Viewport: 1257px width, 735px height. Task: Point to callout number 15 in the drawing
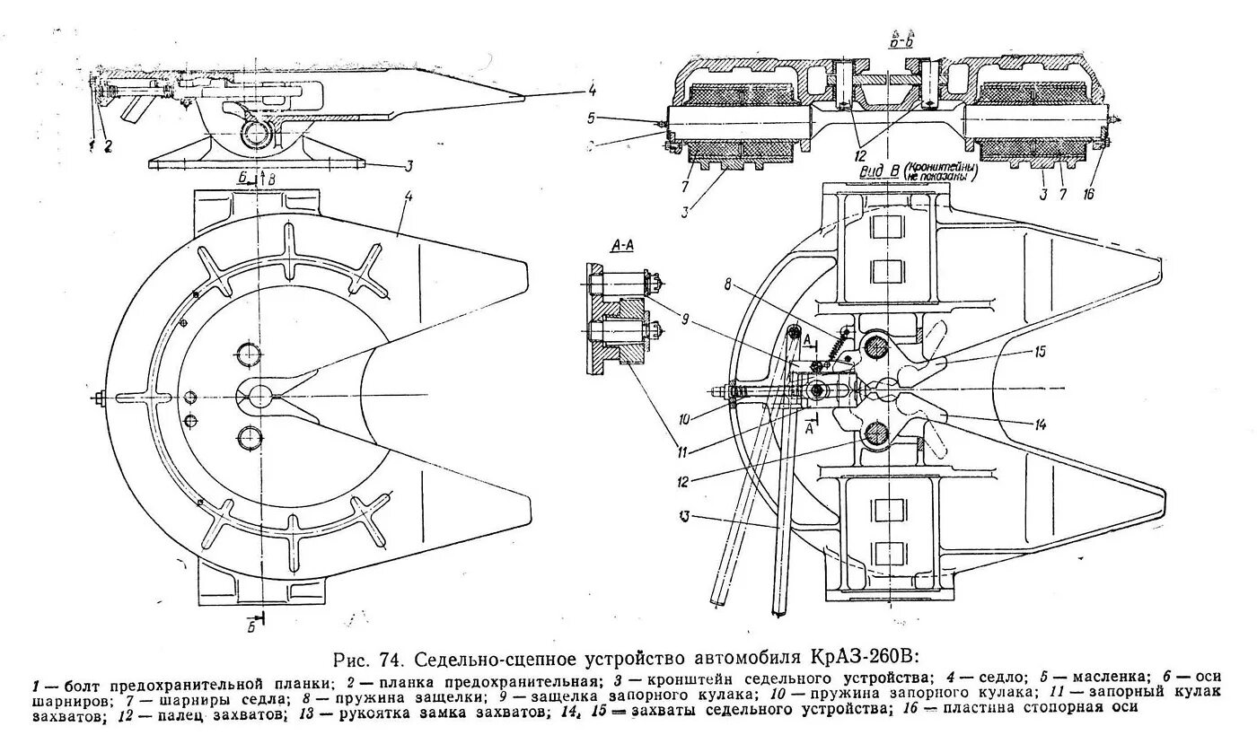click(x=1040, y=352)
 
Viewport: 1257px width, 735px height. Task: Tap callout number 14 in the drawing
click(x=1040, y=425)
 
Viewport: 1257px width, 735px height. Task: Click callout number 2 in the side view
click(x=107, y=145)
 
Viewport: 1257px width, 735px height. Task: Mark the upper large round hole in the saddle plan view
click(x=249, y=352)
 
